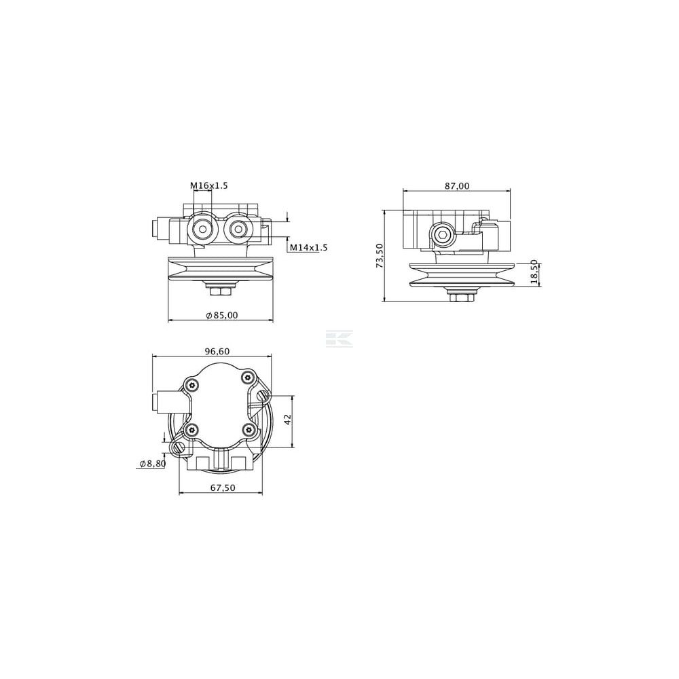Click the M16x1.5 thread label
tap(208, 186)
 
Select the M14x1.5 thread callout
tap(309, 248)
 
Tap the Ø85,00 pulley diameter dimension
tap(222, 315)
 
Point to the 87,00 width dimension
tap(457, 186)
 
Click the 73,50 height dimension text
tap(380, 255)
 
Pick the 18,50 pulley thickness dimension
tap(534, 272)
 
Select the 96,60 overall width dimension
tap(217, 351)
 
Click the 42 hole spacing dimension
tap(288, 419)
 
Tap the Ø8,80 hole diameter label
tap(152, 464)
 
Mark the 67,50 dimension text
tap(223, 488)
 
